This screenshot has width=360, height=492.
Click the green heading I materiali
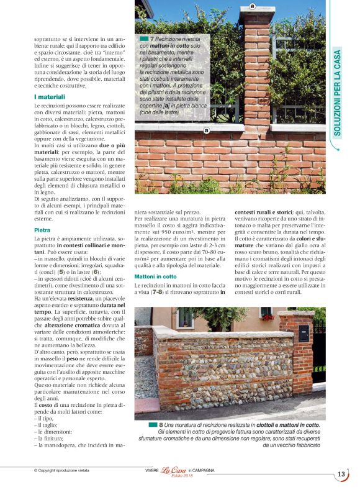click(x=50, y=97)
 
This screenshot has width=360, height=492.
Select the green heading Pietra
click(x=42, y=230)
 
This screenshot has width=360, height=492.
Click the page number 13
click(x=341, y=475)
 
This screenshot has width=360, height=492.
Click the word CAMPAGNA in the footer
click(x=202, y=471)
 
